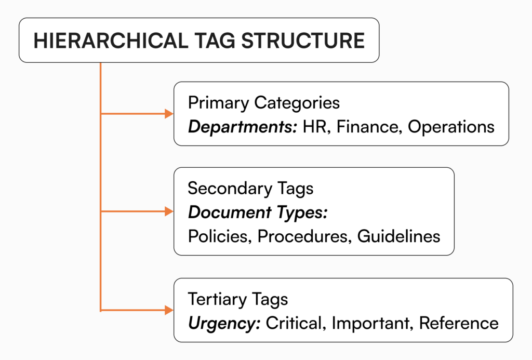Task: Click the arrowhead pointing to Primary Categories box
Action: coord(169,113)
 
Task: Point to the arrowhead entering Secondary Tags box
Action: coord(169,211)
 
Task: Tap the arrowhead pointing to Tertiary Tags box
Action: coord(169,310)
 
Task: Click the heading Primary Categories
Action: coord(263,103)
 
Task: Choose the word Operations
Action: coord(451,127)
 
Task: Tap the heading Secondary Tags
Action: coord(250,188)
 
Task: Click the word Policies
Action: coord(219,236)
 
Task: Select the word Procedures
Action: coord(302,236)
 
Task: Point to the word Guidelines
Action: coord(398,236)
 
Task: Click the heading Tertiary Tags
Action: coord(238,300)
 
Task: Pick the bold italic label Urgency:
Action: coord(224,324)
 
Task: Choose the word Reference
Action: coord(459,324)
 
